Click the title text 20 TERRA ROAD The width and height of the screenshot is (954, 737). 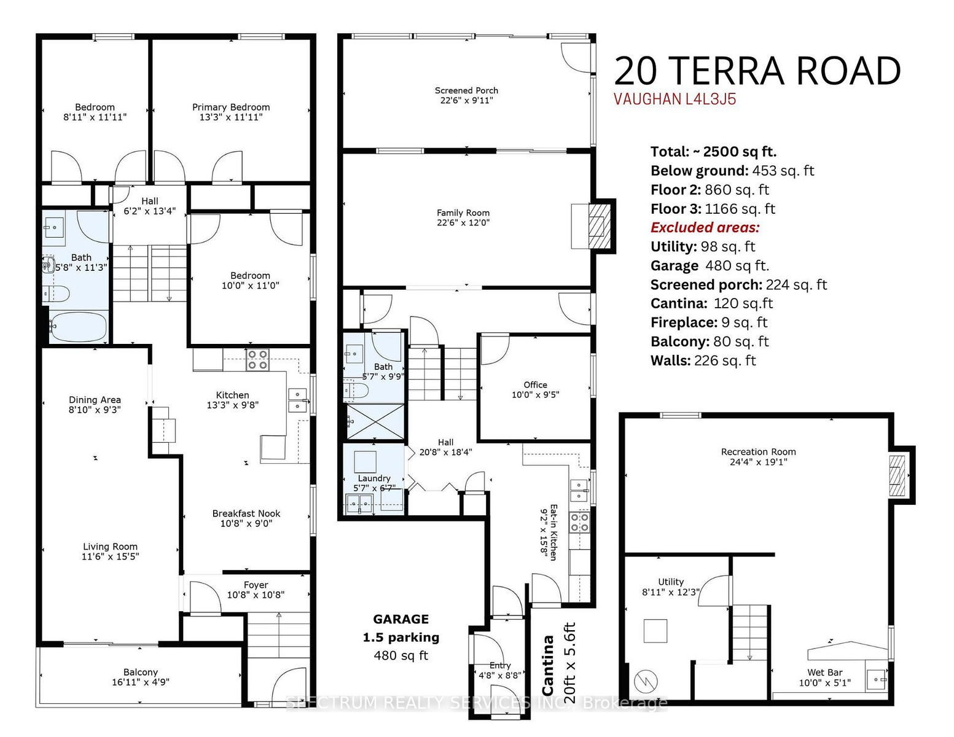pos(757,71)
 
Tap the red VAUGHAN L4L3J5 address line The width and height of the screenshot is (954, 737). pos(674,99)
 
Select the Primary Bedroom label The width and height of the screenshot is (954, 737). pos(231,107)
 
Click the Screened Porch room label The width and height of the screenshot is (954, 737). pos(466,90)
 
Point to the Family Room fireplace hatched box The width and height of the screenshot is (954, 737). pos(600,226)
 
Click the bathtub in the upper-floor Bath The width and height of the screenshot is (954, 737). pos(78,326)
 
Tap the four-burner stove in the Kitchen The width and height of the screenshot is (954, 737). pos(257,359)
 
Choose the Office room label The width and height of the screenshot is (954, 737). pos(535,385)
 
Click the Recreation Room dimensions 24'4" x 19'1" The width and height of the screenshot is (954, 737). pos(758,462)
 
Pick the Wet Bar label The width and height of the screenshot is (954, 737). pos(824,673)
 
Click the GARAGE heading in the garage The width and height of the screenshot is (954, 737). pos(401,619)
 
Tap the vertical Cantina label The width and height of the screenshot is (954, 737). pos(547,666)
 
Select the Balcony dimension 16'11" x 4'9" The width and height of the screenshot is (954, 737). pos(141,682)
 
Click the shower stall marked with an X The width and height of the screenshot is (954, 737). pos(375,421)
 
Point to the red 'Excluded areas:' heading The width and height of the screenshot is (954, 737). pos(705,227)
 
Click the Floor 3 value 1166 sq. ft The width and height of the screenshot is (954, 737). pos(740,208)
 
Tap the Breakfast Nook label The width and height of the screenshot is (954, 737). pos(246,513)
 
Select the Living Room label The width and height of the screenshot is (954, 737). pos(110,547)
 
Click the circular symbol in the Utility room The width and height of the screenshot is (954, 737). pos(646,682)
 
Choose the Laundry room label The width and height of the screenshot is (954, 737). pos(374,478)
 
